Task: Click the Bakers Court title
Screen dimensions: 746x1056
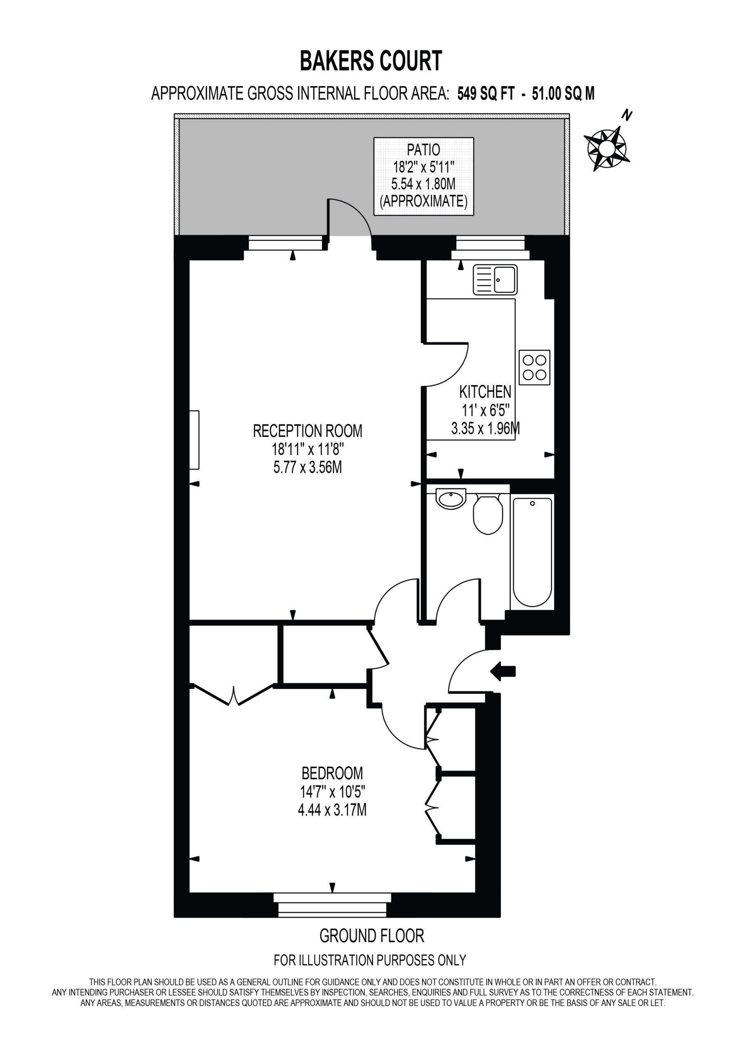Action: [371, 61]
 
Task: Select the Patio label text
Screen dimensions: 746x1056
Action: [423, 150]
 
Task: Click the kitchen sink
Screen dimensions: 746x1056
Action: [495, 280]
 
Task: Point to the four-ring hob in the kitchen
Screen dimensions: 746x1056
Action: [535, 368]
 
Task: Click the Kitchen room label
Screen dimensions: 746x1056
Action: [486, 392]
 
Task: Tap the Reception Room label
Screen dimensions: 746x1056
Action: [307, 431]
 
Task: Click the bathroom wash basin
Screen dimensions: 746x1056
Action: [451, 499]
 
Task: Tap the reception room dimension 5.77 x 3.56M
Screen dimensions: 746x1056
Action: [307, 468]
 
